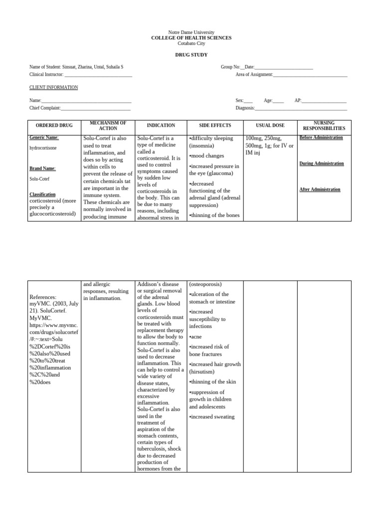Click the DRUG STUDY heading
(x=191, y=54)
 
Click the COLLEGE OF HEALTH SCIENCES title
(x=191, y=38)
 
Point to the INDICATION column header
(x=161, y=126)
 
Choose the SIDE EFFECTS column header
(x=214, y=126)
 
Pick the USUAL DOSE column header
(x=270, y=126)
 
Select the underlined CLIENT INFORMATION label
(x=53, y=87)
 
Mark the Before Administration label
(x=321, y=138)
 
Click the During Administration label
(x=321, y=164)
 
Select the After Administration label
(x=320, y=190)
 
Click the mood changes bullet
(x=206, y=156)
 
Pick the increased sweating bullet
(x=212, y=417)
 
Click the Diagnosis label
(x=245, y=108)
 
